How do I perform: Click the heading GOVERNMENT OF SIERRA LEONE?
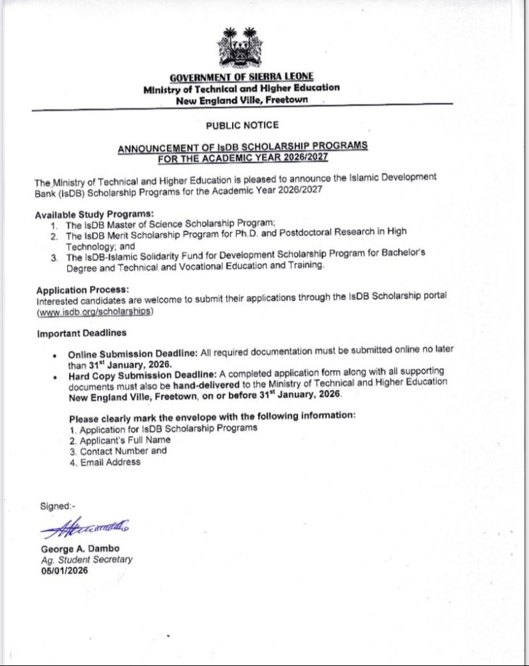pyautogui.click(x=241, y=77)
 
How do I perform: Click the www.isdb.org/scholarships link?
pyautogui.click(x=95, y=312)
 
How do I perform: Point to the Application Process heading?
pyautogui.click(x=83, y=289)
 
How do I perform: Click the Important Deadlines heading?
pyautogui.click(x=81, y=334)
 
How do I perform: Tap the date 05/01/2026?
pyautogui.click(x=64, y=570)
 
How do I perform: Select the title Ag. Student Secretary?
pyautogui.click(x=87, y=559)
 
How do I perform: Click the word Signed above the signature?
pyautogui.click(x=57, y=506)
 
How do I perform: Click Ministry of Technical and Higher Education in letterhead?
pyautogui.click(x=241, y=88)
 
